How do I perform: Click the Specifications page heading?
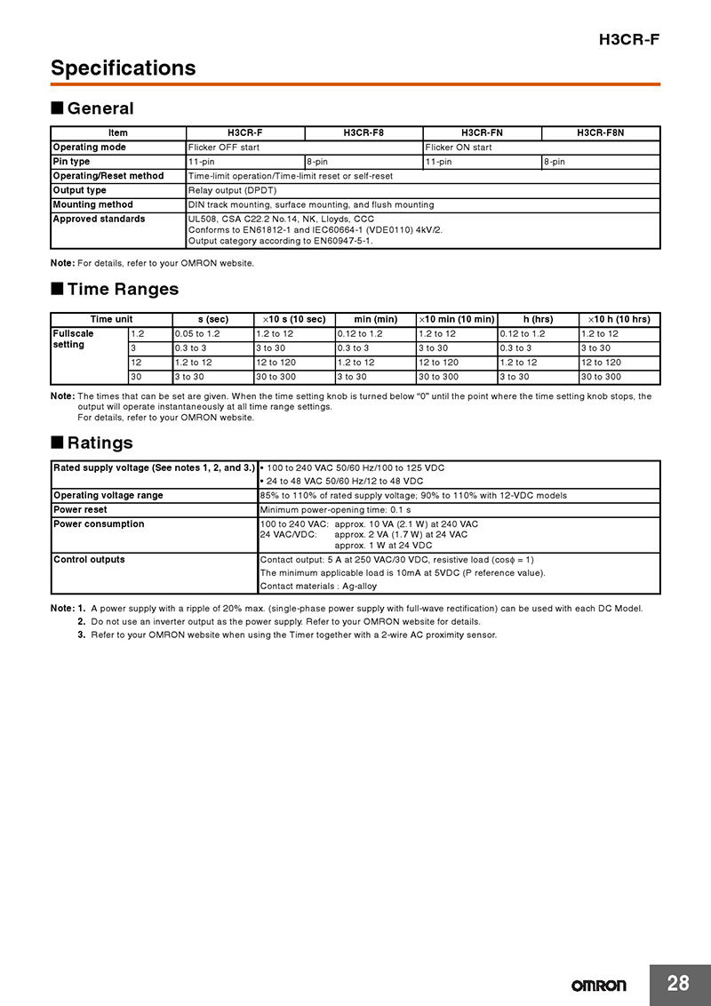[123, 68]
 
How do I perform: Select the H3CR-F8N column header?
[601, 133]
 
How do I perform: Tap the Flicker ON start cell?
[459, 148]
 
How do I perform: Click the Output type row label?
[79, 190]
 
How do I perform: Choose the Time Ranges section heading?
[123, 289]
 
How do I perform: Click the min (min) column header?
[375, 319]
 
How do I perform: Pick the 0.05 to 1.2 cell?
[197, 333]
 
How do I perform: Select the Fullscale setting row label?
[73, 339]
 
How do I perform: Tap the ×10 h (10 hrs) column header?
[619, 319]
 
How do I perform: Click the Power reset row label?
[80, 510]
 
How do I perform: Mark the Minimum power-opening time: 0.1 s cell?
[335, 510]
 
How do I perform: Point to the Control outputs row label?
[89, 560]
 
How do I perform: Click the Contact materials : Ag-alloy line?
[318, 587]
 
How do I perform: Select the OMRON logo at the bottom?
[598, 986]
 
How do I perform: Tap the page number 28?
[678, 983]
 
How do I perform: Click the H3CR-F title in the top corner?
[629, 39]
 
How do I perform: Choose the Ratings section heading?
[100, 443]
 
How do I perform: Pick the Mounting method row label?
[92, 204]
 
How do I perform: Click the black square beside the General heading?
[57, 108]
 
